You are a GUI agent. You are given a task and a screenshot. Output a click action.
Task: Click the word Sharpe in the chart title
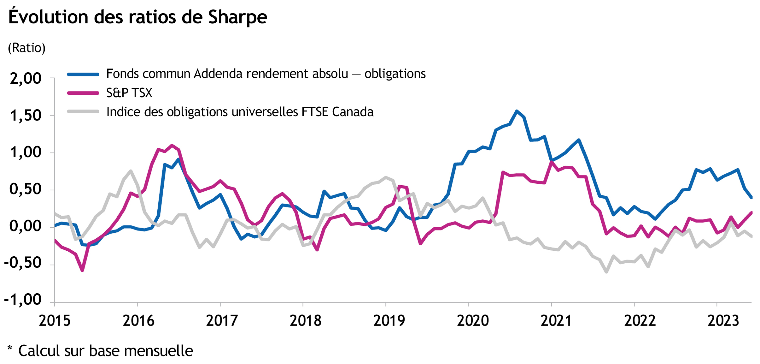click(x=237, y=17)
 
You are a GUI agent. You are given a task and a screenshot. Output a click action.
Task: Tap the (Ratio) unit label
click(x=27, y=48)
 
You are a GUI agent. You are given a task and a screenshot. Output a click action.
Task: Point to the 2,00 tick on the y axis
click(x=26, y=78)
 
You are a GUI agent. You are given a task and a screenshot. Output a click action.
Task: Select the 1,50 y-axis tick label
click(x=26, y=116)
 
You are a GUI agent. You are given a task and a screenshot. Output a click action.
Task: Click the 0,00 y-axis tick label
click(x=26, y=226)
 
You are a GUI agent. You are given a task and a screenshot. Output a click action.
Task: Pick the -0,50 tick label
click(x=23, y=263)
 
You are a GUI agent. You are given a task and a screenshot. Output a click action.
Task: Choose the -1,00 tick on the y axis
click(x=23, y=300)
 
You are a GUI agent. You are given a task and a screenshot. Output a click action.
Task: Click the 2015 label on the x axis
click(x=55, y=321)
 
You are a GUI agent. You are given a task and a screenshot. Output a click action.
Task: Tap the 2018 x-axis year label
click(x=305, y=321)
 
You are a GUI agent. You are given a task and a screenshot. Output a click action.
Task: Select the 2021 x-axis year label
click(x=556, y=321)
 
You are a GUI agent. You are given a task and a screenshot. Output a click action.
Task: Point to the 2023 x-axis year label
click(x=723, y=321)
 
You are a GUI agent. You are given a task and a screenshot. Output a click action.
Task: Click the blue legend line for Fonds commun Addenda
click(x=83, y=75)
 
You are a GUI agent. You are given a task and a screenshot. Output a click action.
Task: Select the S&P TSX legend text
click(x=129, y=93)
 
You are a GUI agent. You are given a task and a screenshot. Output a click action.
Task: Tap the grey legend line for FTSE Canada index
click(x=83, y=111)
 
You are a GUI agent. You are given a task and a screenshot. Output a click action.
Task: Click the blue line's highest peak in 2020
click(x=517, y=111)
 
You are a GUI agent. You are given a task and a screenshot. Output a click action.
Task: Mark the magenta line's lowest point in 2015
click(x=82, y=270)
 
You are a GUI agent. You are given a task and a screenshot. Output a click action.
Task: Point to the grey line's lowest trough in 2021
click(x=606, y=272)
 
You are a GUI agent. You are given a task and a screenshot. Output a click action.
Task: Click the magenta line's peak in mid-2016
click(x=172, y=145)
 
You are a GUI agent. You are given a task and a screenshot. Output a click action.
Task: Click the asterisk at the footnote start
click(x=10, y=349)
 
